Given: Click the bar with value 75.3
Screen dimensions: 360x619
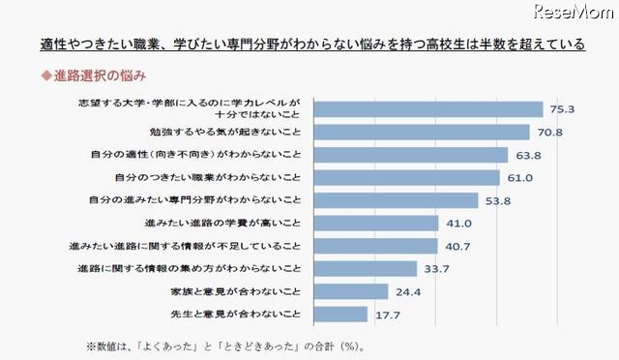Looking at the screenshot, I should pyautogui.click(x=427, y=109).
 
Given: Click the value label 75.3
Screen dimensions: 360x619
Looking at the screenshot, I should pyautogui.click(x=562, y=109).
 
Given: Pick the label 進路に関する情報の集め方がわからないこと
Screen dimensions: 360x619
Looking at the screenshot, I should pyautogui.click(x=192, y=268).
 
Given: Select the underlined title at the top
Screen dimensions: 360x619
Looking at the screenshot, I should pyautogui.click(x=312, y=45).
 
